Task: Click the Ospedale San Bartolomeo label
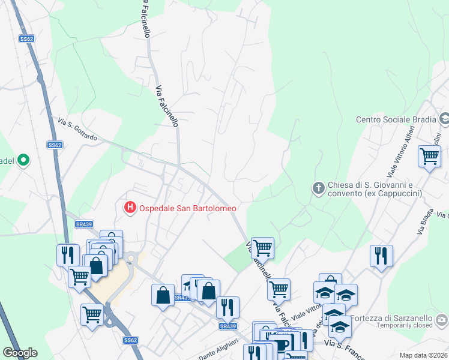click(x=188, y=208)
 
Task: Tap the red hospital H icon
click(x=129, y=208)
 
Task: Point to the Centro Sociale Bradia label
click(x=395, y=119)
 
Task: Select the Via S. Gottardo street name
click(x=77, y=130)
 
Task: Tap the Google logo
click(x=20, y=353)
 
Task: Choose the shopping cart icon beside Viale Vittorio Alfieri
click(x=429, y=156)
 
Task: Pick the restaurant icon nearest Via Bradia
click(x=381, y=255)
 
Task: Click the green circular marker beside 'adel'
click(x=23, y=160)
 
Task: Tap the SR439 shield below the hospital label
click(x=83, y=224)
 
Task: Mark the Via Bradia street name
click(x=428, y=221)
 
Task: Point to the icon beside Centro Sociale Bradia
click(x=444, y=119)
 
